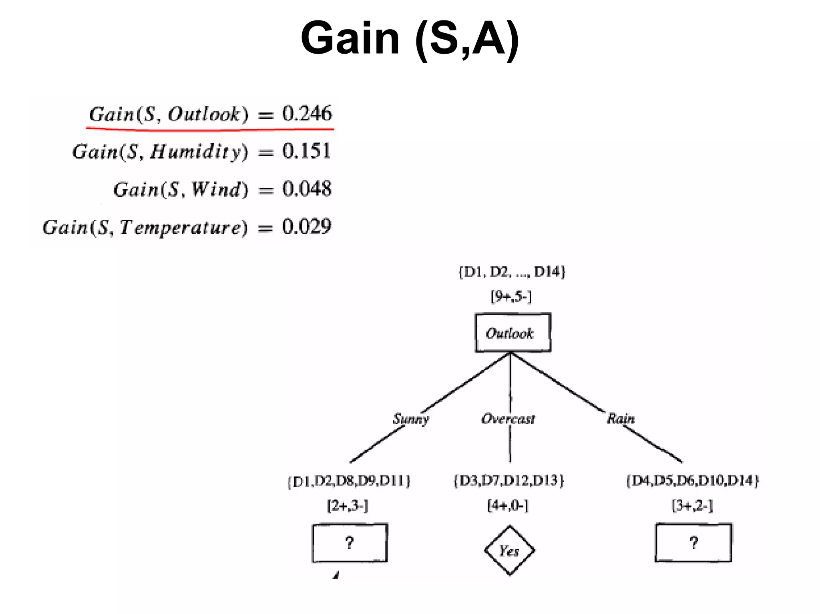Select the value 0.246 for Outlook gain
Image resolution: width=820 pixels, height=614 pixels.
[x=307, y=113]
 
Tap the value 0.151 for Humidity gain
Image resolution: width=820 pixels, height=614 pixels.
[x=306, y=151]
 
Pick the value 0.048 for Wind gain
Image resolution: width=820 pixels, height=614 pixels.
[x=307, y=189]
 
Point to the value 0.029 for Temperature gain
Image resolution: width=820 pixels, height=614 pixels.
[x=307, y=227]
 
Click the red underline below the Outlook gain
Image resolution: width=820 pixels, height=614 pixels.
[x=210, y=129]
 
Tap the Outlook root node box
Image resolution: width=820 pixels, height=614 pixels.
[x=512, y=333]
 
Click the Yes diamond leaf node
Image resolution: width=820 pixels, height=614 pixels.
[x=509, y=550]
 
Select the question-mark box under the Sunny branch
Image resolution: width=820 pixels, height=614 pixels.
[x=350, y=543]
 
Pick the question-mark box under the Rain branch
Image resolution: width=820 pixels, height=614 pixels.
[x=693, y=543]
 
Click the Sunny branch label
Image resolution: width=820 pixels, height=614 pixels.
[x=410, y=419]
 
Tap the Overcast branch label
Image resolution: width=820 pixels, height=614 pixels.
[x=508, y=419]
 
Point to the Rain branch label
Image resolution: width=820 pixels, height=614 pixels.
[x=621, y=419]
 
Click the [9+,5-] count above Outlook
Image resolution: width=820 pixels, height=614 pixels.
[x=511, y=297]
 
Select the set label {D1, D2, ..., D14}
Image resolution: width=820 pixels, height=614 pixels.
[x=512, y=272]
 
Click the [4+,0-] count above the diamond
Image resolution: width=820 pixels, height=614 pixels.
[x=508, y=506]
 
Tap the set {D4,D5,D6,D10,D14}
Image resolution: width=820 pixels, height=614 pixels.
[x=693, y=480]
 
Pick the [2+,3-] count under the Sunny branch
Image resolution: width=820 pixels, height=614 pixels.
[x=348, y=506]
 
